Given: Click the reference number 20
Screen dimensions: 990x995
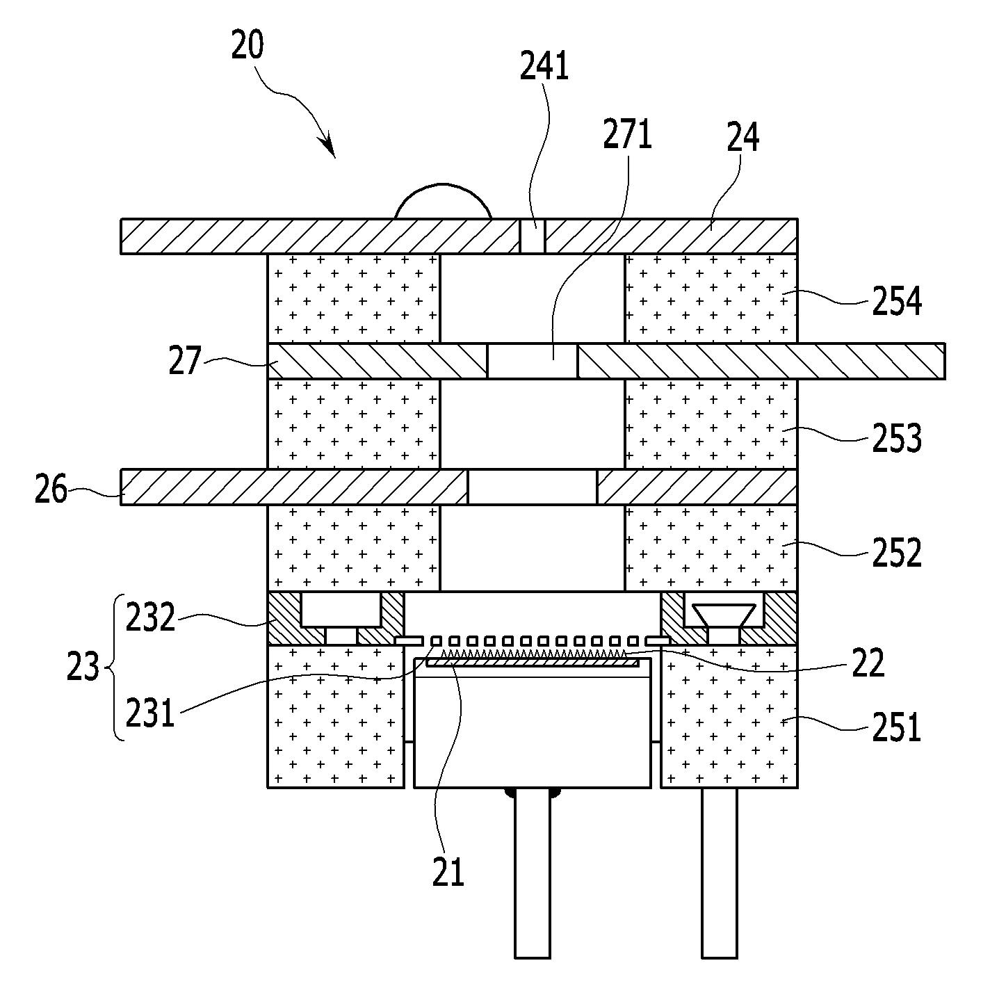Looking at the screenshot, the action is pyautogui.click(x=247, y=45).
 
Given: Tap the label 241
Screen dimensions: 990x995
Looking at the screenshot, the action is pyautogui.click(x=544, y=66).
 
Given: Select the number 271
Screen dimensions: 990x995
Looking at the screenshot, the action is pyautogui.click(x=628, y=134).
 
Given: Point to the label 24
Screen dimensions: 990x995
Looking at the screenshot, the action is pyautogui.click(x=743, y=138).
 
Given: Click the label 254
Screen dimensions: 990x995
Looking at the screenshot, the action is pyautogui.click(x=897, y=301).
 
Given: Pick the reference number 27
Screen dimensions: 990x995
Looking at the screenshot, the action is pyautogui.click(x=185, y=360).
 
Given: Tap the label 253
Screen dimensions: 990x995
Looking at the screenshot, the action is pyautogui.click(x=897, y=438).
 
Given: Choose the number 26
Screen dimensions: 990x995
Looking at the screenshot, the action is pyautogui.click(x=51, y=489).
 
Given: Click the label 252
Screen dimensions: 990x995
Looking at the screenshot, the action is pyautogui.click(x=897, y=553).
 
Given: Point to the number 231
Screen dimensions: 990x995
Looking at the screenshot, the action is pyautogui.click(x=149, y=713).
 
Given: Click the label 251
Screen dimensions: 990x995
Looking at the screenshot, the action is pyautogui.click(x=897, y=727).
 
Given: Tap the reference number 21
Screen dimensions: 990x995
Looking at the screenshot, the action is pyautogui.click(x=448, y=872).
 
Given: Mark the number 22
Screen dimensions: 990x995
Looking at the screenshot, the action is pyautogui.click(x=868, y=663).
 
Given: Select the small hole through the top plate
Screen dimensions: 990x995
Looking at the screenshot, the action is pyautogui.click(x=532, y=236).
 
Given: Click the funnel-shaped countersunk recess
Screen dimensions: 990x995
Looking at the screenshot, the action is pyautogui.click(x=723, y=616).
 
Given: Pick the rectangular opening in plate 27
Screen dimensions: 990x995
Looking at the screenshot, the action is pyautogui.click(x=532, y=361).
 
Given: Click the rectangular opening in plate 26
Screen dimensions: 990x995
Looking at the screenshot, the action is pyautogui.click(x=533, y=487).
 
